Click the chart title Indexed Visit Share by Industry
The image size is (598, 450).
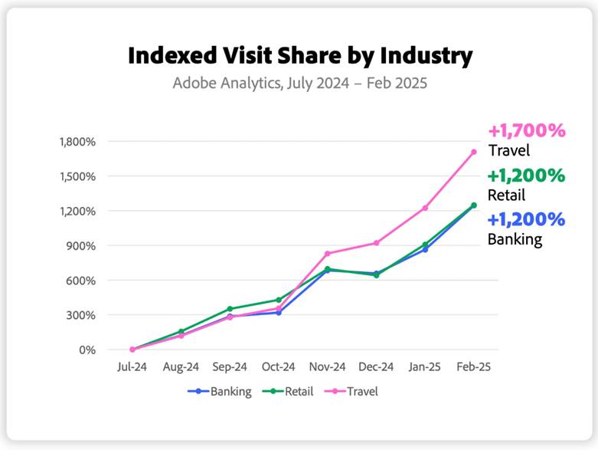coord(299,55)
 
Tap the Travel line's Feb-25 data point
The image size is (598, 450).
coord(474,152)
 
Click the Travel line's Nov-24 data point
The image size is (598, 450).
coord(328,254)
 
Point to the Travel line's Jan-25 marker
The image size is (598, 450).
coord(425,208)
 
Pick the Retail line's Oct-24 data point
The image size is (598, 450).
coord(279,300)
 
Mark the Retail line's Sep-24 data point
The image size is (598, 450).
coord(230,309)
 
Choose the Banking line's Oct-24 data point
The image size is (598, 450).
coord(279,313)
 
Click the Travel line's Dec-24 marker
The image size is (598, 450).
coord(376,243)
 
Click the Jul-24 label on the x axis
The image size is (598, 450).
coord(132,367)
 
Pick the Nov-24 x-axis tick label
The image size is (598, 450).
coord(327,367)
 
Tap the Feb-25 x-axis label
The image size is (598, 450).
coord(473,367)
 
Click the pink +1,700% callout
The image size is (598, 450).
coord(527,130)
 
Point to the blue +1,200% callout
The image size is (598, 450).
coord(527,220)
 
